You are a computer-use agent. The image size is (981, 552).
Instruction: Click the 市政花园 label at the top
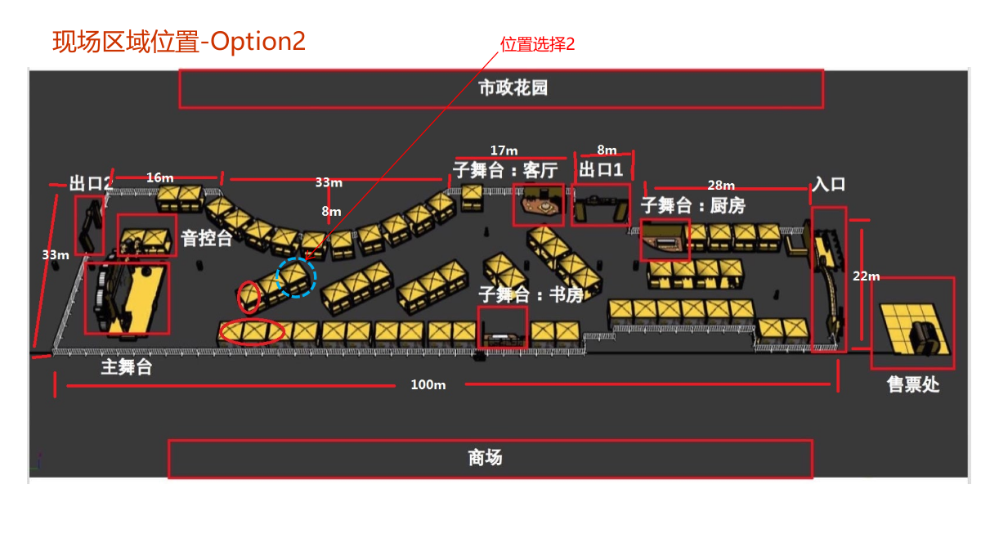point(513,88)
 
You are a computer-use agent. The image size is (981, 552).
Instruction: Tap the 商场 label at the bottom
point(486,458)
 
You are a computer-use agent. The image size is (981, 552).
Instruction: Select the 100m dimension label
point(428,384)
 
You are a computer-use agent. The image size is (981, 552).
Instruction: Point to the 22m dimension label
point(866,276)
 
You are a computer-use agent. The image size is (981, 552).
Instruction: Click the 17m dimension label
point(504,150)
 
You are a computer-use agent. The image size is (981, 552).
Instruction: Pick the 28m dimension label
point(721,186)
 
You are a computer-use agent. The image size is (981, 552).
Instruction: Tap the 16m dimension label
point(159,177)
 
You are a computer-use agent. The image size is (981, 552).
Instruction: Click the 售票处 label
point(913,384)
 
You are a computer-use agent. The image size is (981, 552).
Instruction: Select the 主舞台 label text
point(127,366)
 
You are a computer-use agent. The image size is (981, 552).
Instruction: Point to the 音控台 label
point(207,239)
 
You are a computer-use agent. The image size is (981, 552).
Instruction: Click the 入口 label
point(828,184)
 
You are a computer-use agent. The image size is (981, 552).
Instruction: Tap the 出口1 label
point(601,170)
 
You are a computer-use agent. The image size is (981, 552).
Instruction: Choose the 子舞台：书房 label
point(531,294)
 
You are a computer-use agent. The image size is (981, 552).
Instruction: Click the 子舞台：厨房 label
point(692,205)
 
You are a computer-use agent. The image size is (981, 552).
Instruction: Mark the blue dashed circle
point(296,277)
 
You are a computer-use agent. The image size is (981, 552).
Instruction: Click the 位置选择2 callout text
point(538,44)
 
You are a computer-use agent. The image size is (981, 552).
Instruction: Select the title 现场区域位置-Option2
point(179,41)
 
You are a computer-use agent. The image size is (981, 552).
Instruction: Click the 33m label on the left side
point(55,255)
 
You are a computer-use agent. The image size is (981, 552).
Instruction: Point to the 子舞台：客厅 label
point(505,170)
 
